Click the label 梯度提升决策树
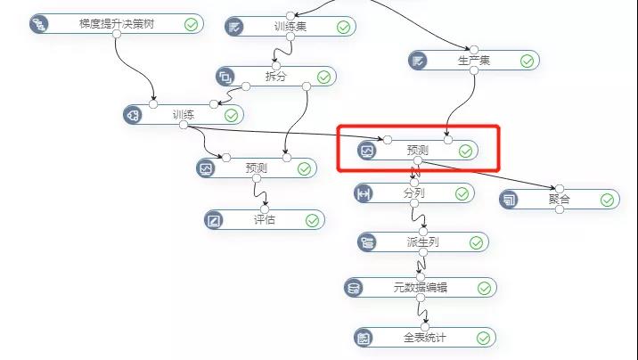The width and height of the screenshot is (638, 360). tap(117, 23)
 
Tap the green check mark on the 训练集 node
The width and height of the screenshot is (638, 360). tap(343, 27)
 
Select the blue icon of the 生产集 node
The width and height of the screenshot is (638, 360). tap(418, 61)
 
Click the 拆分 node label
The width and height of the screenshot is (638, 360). tap(276, 76)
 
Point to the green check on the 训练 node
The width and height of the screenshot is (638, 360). tap(231, 116)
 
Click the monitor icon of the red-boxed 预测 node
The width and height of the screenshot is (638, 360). tap(367, 151)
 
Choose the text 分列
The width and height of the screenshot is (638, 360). tap(414, 192)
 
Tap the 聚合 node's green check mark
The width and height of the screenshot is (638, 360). tap(607, 200)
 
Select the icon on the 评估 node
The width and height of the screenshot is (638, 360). tap(214, 220)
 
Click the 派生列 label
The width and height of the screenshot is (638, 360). tap(423, 242)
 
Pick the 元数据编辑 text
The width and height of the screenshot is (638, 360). tap(421, 288)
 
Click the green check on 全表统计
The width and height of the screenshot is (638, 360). tap(483, 338)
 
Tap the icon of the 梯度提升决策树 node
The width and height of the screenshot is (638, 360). tap(39, 24)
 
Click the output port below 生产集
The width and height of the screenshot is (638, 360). tap(474, 70)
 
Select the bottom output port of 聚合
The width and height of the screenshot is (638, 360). tap(560, 209)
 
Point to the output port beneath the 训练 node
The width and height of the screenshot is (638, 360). tap(184, 125)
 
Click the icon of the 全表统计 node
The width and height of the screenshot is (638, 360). tap(364, 338)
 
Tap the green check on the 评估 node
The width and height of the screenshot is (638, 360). tap(312, 220)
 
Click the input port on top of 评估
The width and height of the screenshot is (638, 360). tap(265, 209)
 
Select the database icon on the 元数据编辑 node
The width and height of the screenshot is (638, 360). tap(353, 288)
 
